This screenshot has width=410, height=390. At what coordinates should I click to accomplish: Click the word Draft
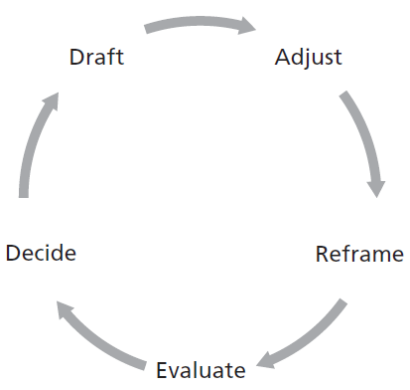click(96, 57)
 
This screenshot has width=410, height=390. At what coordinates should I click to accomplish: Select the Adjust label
click(308, 57)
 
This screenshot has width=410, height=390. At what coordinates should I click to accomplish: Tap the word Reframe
click(359, 253)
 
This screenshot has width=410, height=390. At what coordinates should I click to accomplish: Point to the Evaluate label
click(201, 371)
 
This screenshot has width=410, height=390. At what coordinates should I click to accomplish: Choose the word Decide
click(41, 253)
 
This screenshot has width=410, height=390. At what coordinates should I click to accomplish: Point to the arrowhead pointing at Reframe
click(375, 186)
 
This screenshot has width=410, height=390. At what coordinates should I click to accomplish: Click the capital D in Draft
click(76, 57)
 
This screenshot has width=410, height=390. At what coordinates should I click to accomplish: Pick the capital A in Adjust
click(282, 57)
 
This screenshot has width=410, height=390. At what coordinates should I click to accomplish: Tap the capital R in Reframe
click(323, 253)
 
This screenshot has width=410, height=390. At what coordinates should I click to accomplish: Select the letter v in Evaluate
click(172, 372)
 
